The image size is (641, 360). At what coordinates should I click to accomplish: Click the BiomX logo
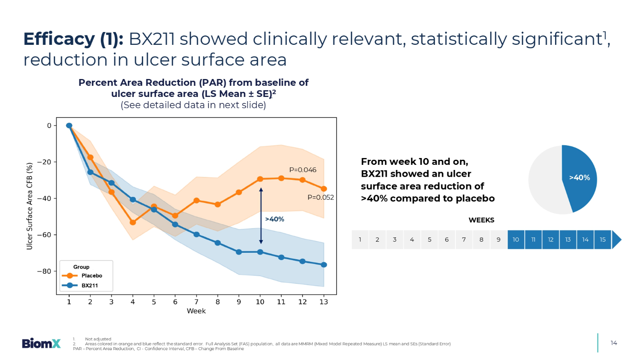[41, 343]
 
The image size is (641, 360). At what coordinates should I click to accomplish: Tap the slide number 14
[614, 343]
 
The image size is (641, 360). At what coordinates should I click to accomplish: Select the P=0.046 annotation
[303, 170]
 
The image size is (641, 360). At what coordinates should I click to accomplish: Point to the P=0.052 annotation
[320, 197]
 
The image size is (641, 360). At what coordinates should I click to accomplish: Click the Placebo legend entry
[91, 276]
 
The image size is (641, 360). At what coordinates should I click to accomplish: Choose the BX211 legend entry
[90, 286]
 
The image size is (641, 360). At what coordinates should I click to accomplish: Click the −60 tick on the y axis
[44, 235]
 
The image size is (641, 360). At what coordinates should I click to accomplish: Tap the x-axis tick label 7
[196, 302]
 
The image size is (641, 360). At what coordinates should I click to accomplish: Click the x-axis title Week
[196, 311]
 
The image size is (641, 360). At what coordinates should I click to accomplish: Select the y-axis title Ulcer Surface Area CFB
[29, 206]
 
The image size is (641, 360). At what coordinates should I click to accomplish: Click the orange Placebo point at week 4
[133, 222]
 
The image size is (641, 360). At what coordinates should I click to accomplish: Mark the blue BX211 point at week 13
[324, 265]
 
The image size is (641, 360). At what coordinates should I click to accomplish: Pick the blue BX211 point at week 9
[239, 252]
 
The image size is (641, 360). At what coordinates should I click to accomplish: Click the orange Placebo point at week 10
[260, 179]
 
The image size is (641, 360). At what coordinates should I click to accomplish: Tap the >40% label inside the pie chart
[579, 178]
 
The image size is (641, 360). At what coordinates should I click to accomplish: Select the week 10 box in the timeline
[516, 240]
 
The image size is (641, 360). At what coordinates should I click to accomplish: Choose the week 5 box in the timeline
[429, 240]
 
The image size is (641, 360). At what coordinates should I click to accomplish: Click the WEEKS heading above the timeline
[481, 220]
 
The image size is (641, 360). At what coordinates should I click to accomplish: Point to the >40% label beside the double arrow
[274, 219]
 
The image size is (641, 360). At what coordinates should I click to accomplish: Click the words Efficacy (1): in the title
[74, 39]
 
